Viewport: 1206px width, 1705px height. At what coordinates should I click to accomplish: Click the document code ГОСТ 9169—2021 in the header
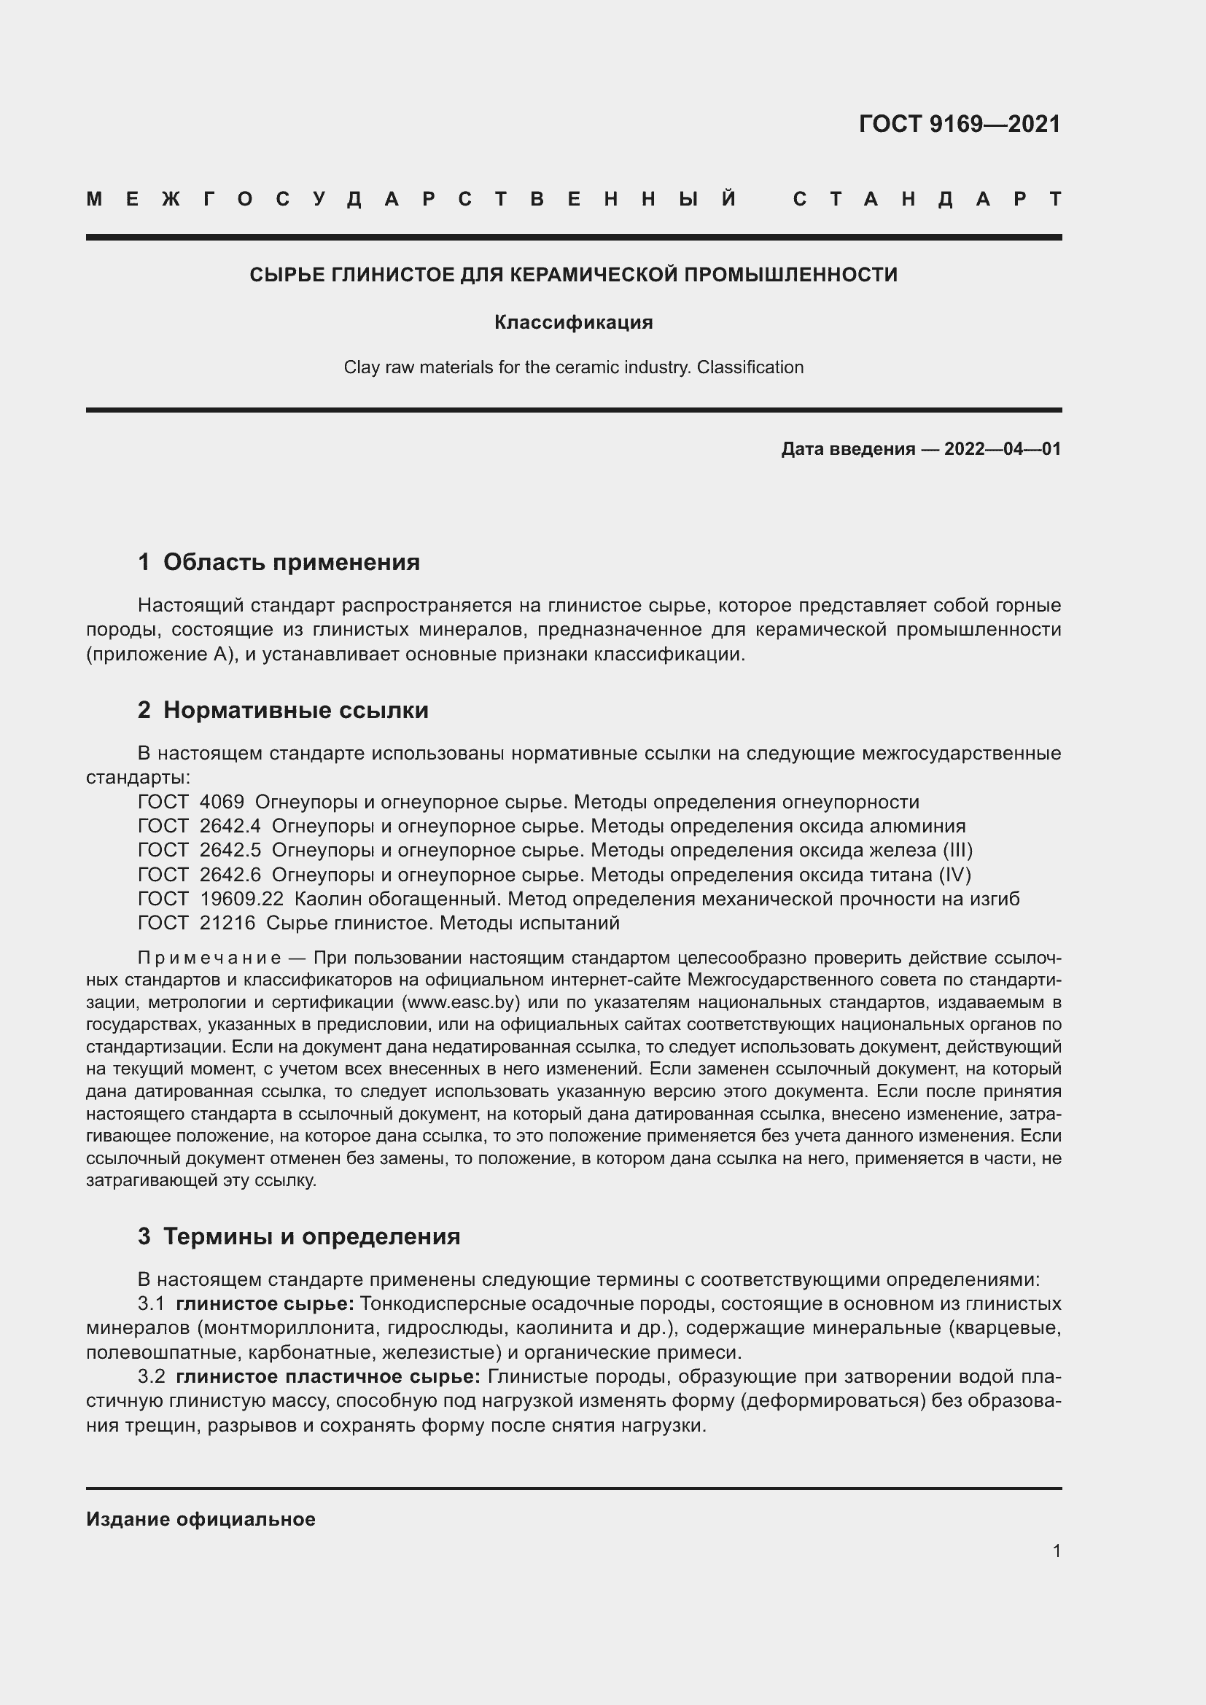(x=960, y=124)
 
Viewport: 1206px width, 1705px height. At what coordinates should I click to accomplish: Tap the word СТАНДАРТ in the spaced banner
(x=927, y=199)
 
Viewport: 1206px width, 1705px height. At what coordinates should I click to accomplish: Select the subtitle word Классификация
(x=573, y=322)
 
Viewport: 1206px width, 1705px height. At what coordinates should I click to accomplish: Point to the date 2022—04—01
(x=1003, y=448)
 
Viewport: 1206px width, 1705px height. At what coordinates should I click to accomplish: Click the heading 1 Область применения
(x=279, y=562)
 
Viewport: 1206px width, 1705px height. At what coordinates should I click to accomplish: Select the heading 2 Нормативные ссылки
(x=283, y=710)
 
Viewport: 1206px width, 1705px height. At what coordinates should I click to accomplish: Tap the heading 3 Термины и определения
(x=298, y=1236)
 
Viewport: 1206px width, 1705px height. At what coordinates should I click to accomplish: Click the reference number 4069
(x=222, y=802)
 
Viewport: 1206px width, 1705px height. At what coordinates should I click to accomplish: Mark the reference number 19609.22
(x=241, y=899)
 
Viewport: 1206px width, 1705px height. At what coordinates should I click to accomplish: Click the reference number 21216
(x=227, y=923)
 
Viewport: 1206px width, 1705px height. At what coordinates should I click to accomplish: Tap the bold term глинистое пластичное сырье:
(x=328, y=1377)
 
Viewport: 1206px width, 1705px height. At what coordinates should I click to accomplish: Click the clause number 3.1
(x=151, y=1304)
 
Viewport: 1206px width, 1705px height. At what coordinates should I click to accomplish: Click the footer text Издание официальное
(x=201, y=1519)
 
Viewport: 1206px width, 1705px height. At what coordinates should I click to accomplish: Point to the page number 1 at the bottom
(x=1057, y=1550)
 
